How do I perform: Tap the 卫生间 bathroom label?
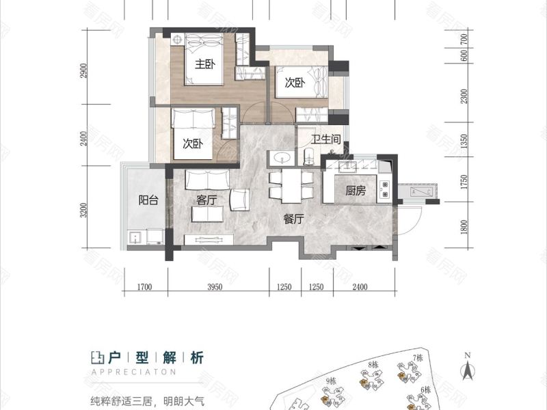pyautogui.click(x=326, y=139)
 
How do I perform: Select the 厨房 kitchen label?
pyautogui.click(x=356, y=191)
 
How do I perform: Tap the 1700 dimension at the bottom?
pyautogui.click(x=144, y=286)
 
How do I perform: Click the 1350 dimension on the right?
pyautogui.click(x=464, y=141)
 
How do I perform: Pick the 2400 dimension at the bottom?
pyautogui.click(x=361, y=286)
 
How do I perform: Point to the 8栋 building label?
pyautogui.click(x=373, y=365)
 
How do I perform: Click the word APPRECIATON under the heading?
pyautogui.click(x=133, y=372)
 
